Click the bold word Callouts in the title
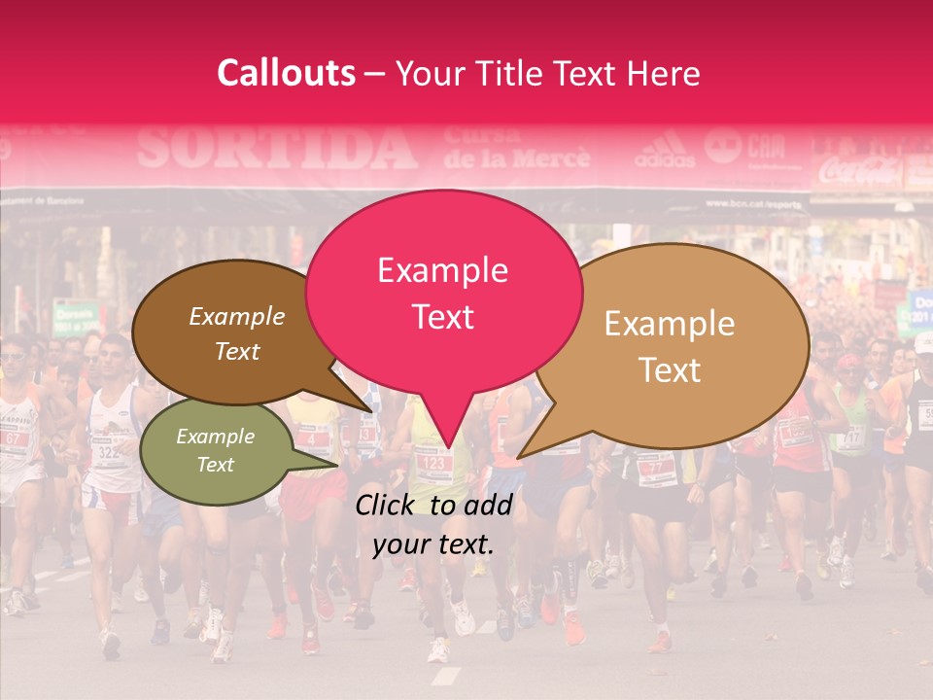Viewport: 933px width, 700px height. click(x=286, y=73)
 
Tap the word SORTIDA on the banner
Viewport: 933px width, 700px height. click(x=277, y=149)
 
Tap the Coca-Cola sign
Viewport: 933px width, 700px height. click(x=859, y=171)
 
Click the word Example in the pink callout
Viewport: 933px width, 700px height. click(x=442, y=270)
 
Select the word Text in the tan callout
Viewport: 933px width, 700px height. click(x=670, y=369)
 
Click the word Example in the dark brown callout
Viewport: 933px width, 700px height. click(x=236, y=317)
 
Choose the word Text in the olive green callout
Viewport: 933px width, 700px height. click(x=216, y=465)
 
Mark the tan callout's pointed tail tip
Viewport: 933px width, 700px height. click(x=518, y=457)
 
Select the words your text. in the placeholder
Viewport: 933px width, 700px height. click(x=432, y=544)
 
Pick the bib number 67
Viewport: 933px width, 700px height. click(x=14, y=438)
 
